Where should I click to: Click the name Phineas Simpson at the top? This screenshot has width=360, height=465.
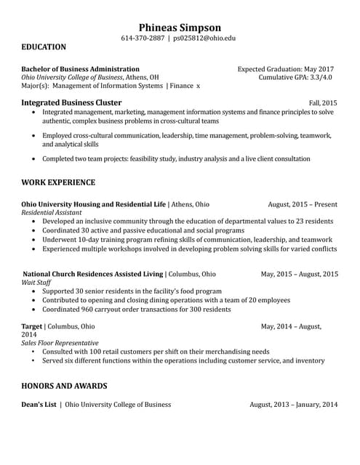click(180, 27)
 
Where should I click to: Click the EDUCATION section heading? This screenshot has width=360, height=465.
click(44, 47)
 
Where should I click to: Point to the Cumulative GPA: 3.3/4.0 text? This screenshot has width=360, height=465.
click(295, 77)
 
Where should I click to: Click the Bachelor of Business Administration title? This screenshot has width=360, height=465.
click(80, 68)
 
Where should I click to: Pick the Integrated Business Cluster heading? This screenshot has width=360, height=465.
click(71, 103)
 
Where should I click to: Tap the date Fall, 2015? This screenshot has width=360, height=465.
click(323, 103)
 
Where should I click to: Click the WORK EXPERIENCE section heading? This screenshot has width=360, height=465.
click(58, 182)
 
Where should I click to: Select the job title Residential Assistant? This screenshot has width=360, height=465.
click(52, 213)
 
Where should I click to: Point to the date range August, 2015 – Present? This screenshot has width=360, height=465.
click(303, 204)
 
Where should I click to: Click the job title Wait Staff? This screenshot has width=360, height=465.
click(36, 283)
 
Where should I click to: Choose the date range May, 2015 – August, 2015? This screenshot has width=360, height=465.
click(299, 274)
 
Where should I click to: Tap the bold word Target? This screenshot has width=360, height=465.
click(32, 326)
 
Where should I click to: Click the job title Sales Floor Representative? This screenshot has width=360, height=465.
click(60, 343)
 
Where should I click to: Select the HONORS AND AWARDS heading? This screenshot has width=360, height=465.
click(64, 386)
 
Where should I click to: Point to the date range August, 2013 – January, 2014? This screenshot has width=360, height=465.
click(293, 405)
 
